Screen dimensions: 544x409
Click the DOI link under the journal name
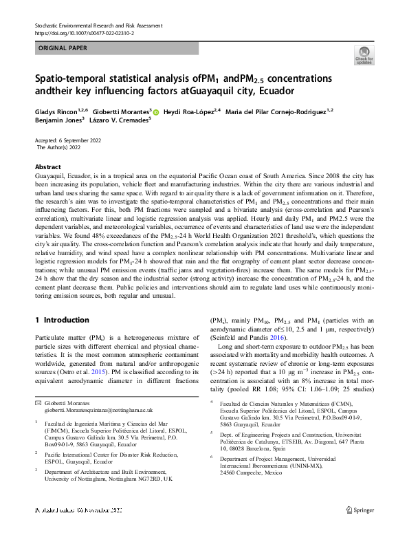[x=84, y=32]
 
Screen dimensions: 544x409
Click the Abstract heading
[x=47, y=167]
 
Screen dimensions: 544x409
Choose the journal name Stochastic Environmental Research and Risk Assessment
[x=98, y=25]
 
